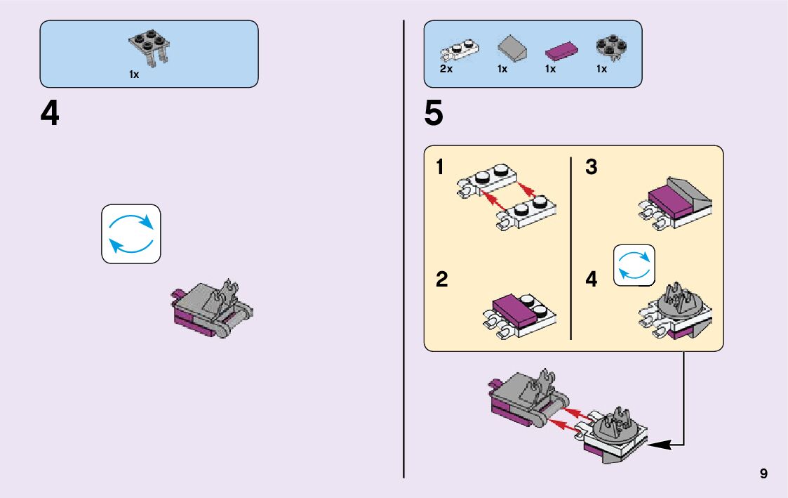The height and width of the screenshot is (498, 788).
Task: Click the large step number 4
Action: tap(50, 114)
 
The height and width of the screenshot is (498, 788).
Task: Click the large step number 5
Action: tap(434, 114)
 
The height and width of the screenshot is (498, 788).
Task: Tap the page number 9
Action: tap(763, 474)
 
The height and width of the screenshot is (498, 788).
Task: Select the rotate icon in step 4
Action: tap(131, 234)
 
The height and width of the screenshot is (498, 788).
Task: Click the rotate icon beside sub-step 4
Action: tap(634, 266)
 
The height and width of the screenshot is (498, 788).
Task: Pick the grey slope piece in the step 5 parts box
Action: tap(512, 50)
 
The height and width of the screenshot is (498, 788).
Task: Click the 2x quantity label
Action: tap(446, 70)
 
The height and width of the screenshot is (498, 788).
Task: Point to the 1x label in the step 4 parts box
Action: tap(134, 74)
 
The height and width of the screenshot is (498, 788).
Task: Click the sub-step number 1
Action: tap(440, 169)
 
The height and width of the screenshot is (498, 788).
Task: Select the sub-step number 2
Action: tap(441, 280)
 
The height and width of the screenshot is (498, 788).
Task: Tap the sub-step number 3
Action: tap(591, 169)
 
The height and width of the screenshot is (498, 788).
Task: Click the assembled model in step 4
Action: tap(211, 309)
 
